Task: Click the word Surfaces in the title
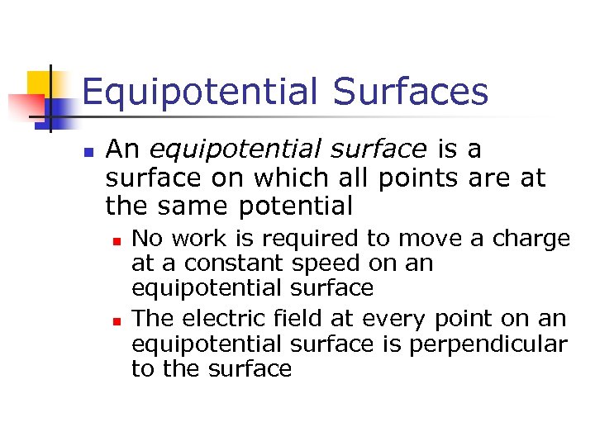click(x=410, y=93)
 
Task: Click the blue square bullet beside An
click(x=88, y=153)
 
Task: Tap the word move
click(x=426, y=240)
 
